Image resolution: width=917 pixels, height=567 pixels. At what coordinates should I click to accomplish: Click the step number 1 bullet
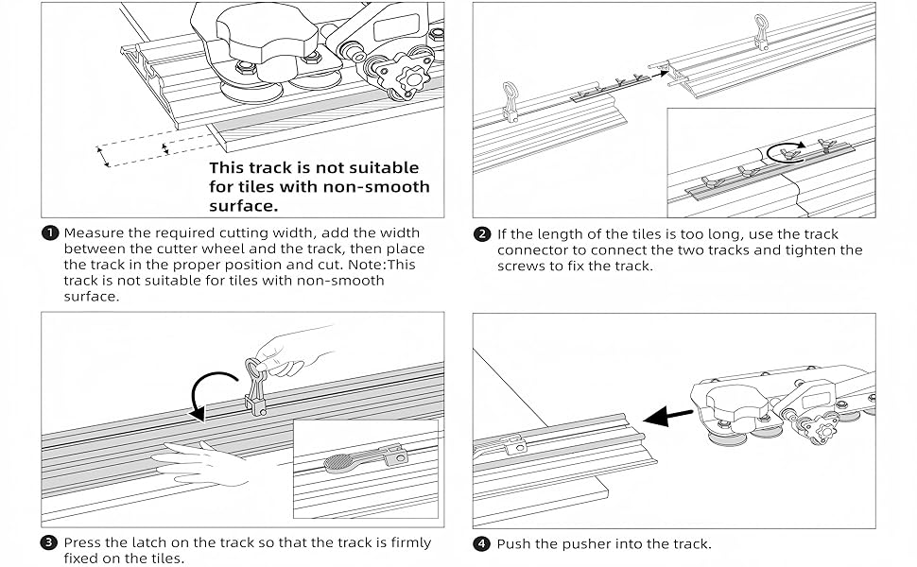click(x=50, y=233)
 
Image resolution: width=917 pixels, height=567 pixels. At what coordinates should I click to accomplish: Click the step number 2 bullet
click(x=482, y=234)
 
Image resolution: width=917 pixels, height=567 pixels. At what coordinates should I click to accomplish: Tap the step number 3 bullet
click(x=49, y=542)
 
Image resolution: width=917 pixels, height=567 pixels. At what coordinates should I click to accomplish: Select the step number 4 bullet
click(x=481, y=544)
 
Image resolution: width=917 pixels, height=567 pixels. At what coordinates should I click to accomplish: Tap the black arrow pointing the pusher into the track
click(x=667, y=416)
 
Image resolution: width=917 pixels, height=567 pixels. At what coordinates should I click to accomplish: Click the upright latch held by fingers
click(x=255, y=386)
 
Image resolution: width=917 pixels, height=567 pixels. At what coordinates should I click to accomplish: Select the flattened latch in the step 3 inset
click(x=363, y=457)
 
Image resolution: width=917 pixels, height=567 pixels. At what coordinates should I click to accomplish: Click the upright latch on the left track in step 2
click(x=510, y=101)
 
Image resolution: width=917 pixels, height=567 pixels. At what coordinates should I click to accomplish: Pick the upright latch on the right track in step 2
click(x=760, y=31)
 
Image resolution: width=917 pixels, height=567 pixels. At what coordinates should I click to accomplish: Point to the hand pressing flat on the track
click(x=201, y=463)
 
